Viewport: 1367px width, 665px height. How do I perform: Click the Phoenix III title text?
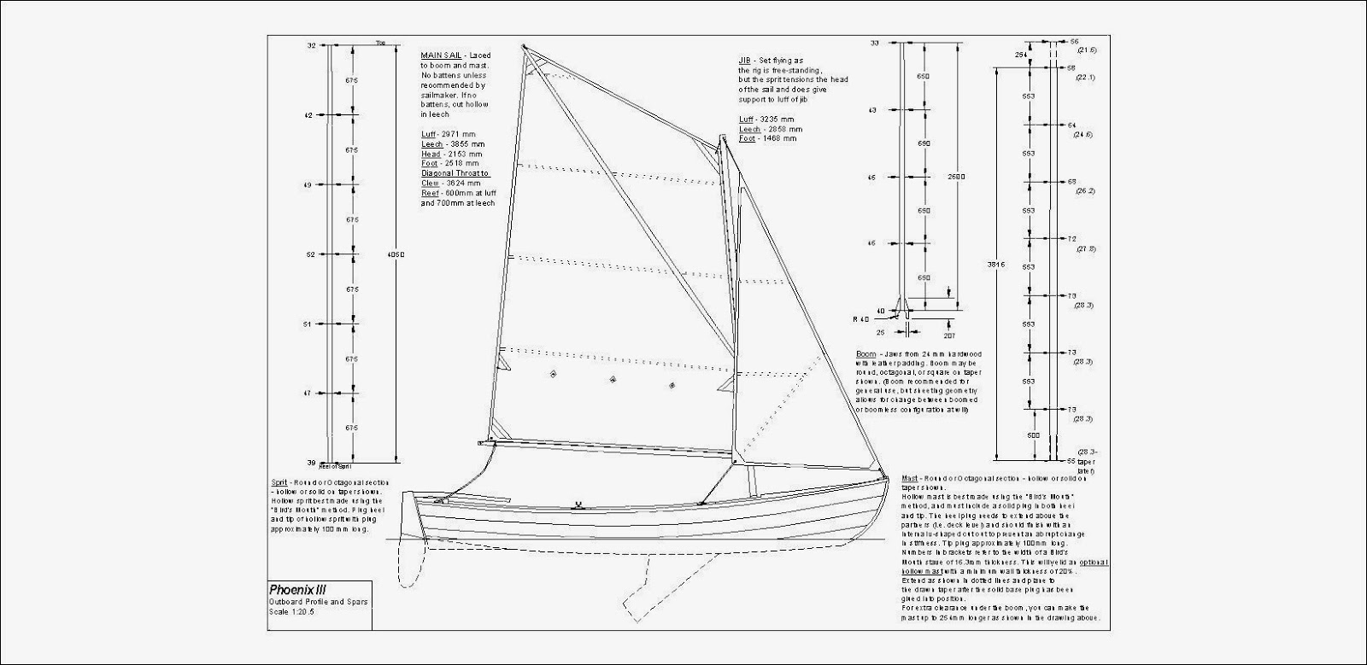coord(297,589)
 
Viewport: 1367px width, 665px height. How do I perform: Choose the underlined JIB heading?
coord(745,61)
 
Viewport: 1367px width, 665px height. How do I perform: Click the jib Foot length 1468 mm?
coord(771,137)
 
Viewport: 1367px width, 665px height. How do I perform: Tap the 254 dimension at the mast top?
coord(1019,55)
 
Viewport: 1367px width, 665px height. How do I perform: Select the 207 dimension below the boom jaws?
coord(949,324)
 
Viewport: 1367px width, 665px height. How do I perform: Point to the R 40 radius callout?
coord(860,318)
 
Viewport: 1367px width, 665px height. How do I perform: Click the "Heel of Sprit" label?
coord(335,467)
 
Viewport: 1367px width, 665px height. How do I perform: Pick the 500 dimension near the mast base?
coord(1035,435)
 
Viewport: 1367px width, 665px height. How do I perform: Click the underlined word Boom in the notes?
coord(865,353)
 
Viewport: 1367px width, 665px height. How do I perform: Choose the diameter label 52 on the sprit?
coord(310,254)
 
